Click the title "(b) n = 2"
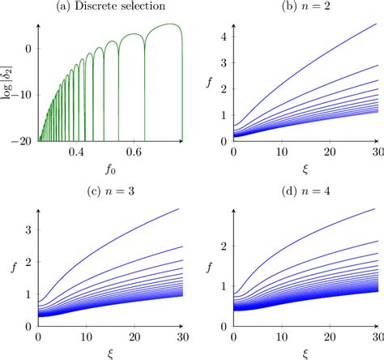[305, 8]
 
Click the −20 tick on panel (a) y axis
[23, 139]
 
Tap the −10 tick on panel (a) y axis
[23, 94]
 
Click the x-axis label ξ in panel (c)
[111, 352]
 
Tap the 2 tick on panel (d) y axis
[223, 244]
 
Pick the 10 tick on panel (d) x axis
[281, 333]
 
